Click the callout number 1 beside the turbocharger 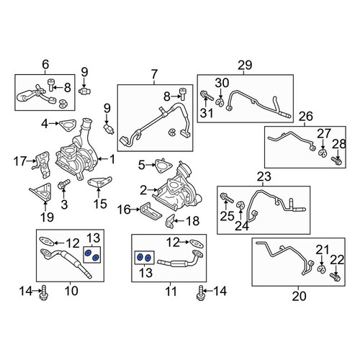[x=112, y=159]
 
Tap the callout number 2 [x=143, y=190]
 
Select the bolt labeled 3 [x=63, y=184]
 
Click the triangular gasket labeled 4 [x=68, y=125]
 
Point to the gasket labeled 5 [x=163, y=166]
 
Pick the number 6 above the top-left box [x=45, y=64]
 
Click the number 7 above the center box [x=154, y=74]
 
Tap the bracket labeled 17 [x=42, y=165]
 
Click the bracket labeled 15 [x=100, y=183]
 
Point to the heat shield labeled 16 [x=150, y=212]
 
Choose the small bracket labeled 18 [x=169, y=221]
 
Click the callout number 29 [x=245, y=65]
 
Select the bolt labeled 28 [x=336, y=161]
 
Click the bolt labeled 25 [x=226, y=197]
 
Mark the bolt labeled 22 [x=336, y=277]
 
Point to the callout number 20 [x=299, y=296]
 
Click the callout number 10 [x=71, y=291]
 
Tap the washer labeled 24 [x=240, y=205]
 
